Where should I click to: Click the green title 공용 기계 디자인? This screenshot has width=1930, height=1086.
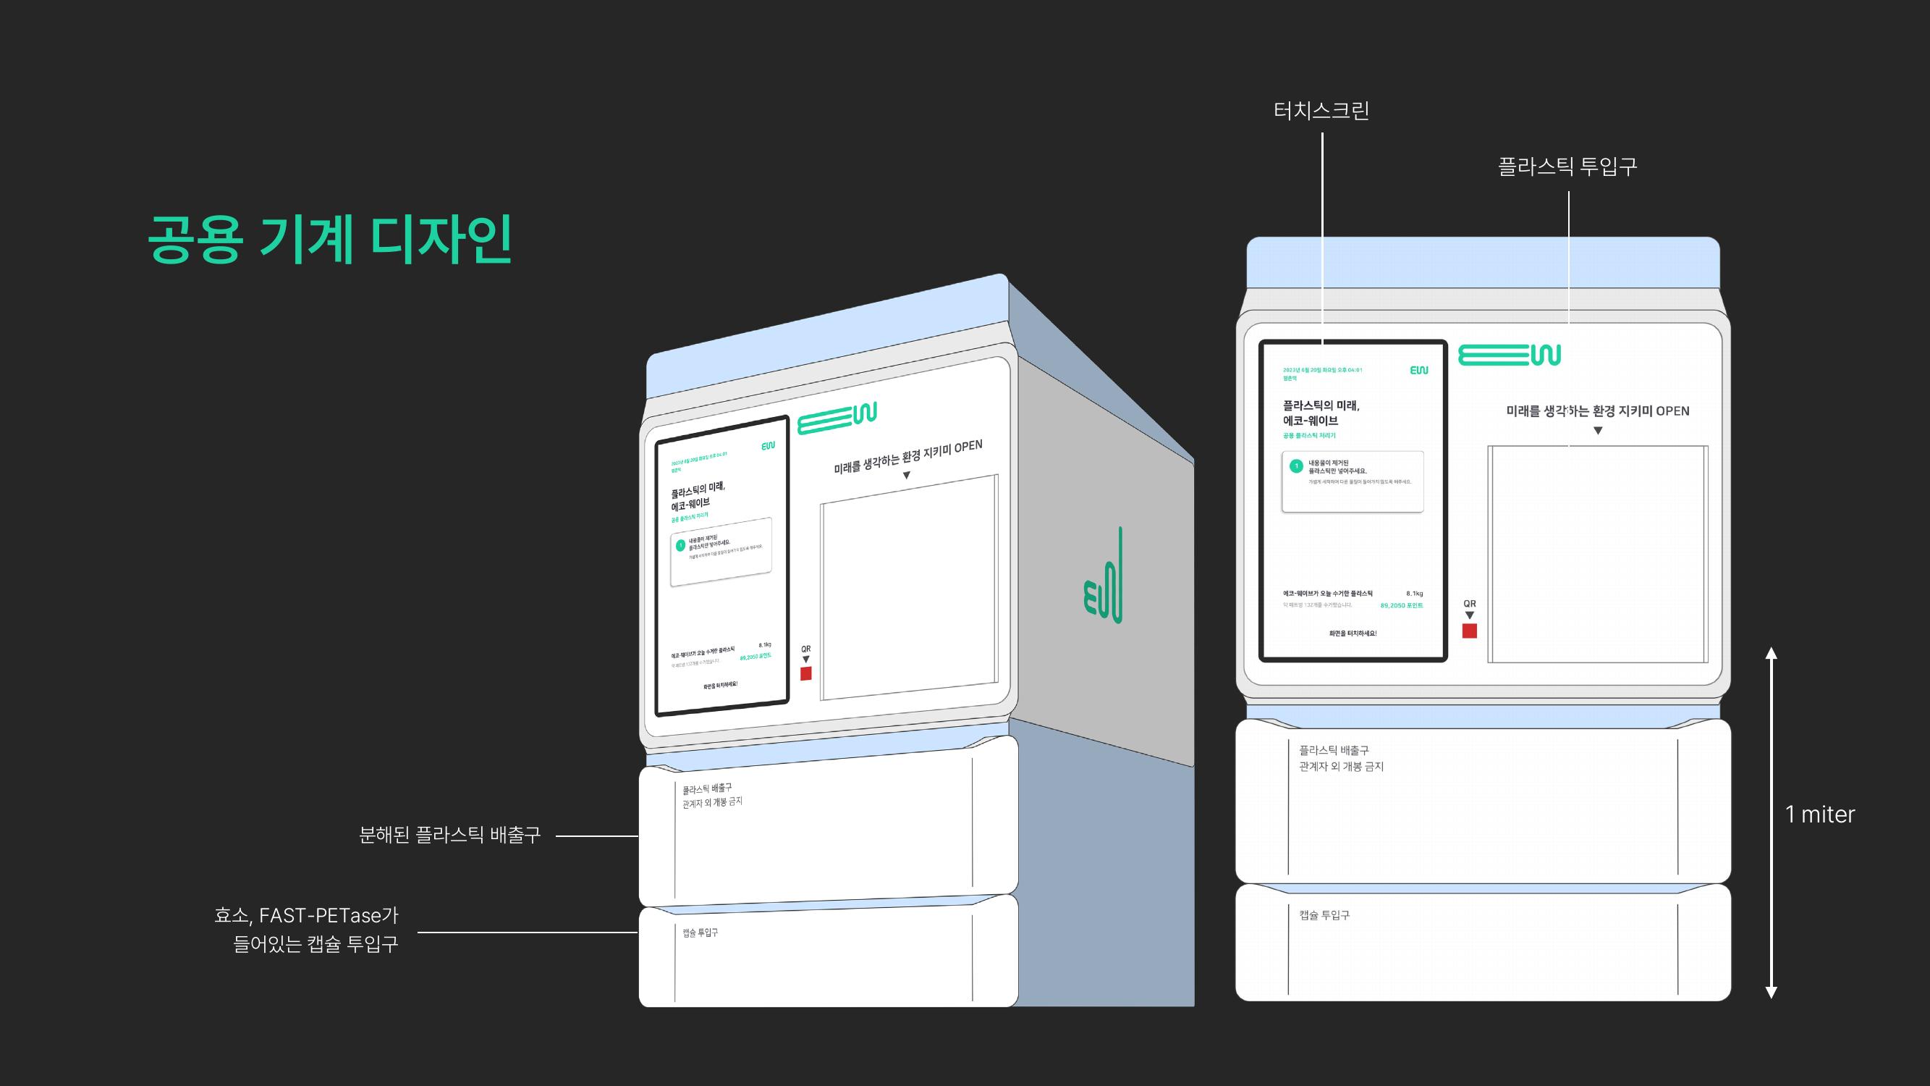(330, 239)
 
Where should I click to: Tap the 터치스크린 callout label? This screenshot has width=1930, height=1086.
(1321, 111)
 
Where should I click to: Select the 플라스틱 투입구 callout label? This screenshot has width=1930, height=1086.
(1567, 167)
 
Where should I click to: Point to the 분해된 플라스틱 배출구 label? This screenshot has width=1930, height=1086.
(449, 835)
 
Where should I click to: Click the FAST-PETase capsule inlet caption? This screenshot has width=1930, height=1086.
(306, 930)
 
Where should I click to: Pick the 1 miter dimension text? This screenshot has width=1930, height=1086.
(1820, 814)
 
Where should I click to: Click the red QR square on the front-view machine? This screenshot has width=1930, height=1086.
(1469, 631)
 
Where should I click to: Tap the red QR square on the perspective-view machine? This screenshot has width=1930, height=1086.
(806, 674)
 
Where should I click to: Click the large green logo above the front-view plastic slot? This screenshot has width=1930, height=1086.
(1509, 355)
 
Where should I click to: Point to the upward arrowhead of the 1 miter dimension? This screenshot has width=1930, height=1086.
(1772, 654)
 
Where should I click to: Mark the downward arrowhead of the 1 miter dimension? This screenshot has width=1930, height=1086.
(1772, 993)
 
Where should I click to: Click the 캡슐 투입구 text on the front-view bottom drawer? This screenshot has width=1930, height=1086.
(1324, 915)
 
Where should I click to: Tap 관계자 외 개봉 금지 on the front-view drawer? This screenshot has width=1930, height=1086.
(1341, 767)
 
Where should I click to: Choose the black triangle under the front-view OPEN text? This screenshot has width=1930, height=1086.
(1597, 431)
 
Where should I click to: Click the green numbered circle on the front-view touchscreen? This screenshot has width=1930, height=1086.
(1296, 466)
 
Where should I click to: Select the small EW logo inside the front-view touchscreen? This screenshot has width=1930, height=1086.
(1419, 370)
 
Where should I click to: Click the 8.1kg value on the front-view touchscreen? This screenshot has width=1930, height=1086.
(1414, 594)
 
